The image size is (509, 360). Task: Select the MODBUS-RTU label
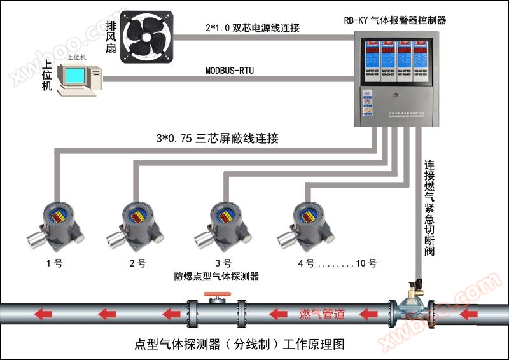point(230,71)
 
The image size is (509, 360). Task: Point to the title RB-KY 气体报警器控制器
point(394,20)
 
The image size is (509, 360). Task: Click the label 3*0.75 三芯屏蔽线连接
point(217,139)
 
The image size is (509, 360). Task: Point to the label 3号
point(223,263)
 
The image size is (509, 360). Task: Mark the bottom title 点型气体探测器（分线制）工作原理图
point(239,345)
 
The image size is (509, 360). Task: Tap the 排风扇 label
point(111,36)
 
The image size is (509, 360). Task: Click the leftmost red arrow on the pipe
point(43,314)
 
